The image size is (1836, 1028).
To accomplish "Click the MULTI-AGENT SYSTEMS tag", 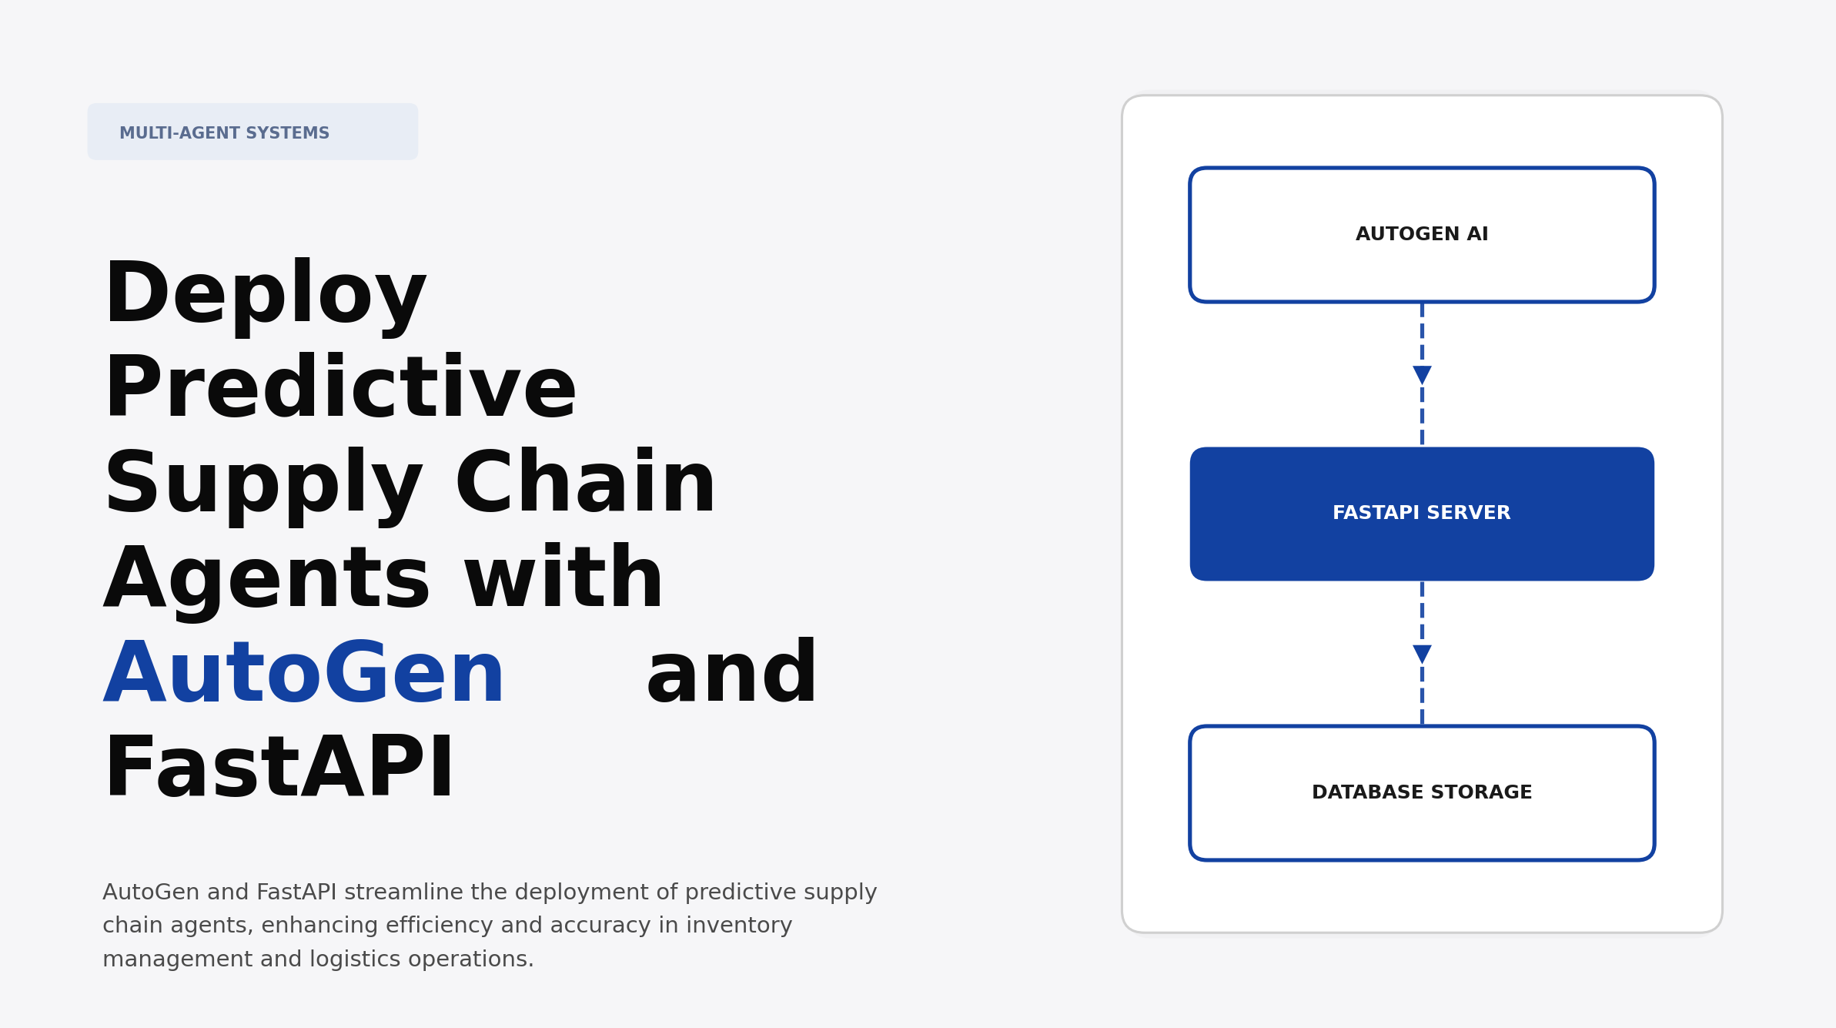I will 252,132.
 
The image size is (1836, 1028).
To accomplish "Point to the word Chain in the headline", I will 585,484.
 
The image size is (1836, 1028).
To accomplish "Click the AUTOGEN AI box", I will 1421,235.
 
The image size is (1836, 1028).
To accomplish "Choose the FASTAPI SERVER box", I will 1421,514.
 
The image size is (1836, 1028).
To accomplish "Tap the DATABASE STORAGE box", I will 1421,793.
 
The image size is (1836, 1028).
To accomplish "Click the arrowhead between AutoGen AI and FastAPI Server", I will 1422,375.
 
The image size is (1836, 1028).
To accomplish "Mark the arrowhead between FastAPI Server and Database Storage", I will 1422,654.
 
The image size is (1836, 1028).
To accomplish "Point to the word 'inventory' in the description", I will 739,925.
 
